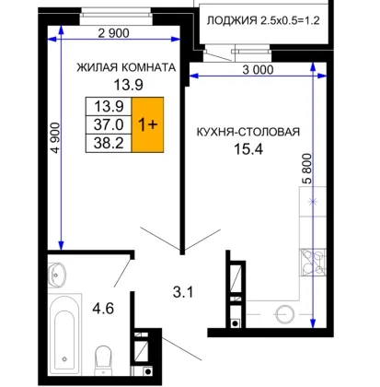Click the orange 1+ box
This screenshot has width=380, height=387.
click(x=147, y=124)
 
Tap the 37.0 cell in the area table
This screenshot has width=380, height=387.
click(x=109, y=124)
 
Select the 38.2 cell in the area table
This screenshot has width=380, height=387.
click(x=109, y=143)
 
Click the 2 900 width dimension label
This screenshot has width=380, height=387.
click(x=113, y=33)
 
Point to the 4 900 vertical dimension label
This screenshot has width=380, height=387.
click(x=56, y=137)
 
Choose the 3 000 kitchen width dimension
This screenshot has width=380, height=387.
click(x=258, y=70)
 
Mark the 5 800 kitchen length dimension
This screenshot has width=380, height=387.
click(x=307, y=169)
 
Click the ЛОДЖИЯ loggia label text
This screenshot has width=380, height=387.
click(x=232, y=20)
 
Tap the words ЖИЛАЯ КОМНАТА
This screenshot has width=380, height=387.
click(x=126, y=67)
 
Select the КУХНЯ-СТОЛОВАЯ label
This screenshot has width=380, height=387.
click(x=248, y=132)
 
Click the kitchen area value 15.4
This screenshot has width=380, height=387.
click(x=248, y=149)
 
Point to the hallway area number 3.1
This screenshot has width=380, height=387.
click(x=183, y=292)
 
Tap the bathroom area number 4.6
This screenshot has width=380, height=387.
click(x=103, y=308)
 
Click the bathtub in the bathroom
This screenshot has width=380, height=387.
click(x=64, y=334)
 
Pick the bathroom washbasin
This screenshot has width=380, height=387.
click(x=57, y=275)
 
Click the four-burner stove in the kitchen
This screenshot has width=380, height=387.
click(x=313, y=263)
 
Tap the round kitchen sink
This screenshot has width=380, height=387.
click(x=285, y=314)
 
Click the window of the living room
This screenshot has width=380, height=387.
click(x=116, y=17)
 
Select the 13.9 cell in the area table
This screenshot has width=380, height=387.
click(x=109, y=107)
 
